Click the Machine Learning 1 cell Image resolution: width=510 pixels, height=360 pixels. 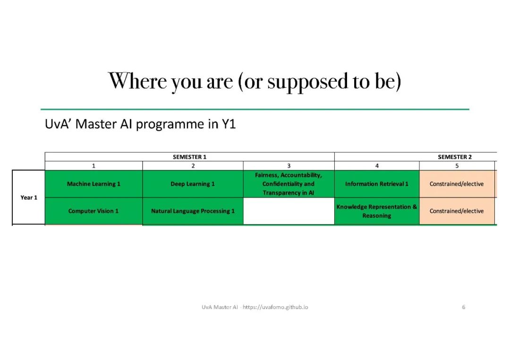coord(93,184)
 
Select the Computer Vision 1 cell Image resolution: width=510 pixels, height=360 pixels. coord(93,211)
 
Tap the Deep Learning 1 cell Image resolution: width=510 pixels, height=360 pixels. coord(193,184)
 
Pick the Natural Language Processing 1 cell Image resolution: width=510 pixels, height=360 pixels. coord(193,211)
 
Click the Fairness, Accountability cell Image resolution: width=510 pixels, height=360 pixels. coord(289,184)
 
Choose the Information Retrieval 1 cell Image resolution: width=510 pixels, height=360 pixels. coord(377,184)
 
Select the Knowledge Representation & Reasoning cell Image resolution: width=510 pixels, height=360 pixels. coord(377,211)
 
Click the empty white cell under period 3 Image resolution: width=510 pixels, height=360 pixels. coord(289,211)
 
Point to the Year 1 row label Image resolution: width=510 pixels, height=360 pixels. coord(29,197)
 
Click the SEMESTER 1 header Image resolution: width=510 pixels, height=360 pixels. coord(190,157)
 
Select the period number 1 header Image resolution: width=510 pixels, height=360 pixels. coord(93,166)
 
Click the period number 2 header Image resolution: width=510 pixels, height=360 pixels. coord(193,166)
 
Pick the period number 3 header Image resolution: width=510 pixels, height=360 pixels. coord(289,166)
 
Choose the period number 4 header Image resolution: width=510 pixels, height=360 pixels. coord(377,166)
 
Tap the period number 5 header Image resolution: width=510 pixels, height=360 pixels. coord(457,166)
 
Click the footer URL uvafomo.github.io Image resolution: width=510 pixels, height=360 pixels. coord(275,307)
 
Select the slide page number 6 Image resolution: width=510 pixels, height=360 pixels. coord(464,307)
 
